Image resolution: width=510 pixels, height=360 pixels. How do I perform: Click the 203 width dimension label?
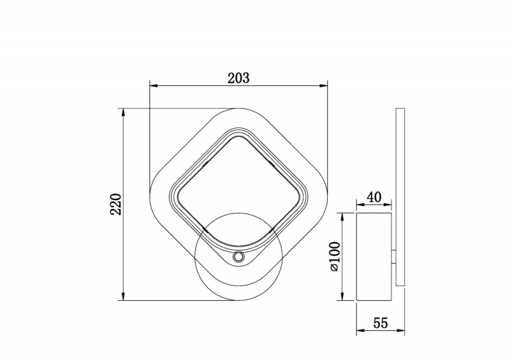(x=238, y=78)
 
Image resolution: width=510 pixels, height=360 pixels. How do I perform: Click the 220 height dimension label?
(x=116, y=205)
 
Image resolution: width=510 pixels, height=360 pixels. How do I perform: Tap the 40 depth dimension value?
(x=374, y=197)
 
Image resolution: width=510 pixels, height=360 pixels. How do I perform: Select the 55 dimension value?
(x=381, y=323)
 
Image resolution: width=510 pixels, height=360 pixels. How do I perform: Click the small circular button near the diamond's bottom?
(x=238, y=257)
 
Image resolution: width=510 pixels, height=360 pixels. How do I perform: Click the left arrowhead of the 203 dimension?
(x=153, y=86)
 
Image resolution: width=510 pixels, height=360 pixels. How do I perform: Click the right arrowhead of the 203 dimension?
(x=324, y=86)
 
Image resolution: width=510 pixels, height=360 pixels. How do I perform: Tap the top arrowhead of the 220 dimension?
(x=123, y=113)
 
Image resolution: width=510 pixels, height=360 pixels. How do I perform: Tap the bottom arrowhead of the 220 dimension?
(x=123, y=296)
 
